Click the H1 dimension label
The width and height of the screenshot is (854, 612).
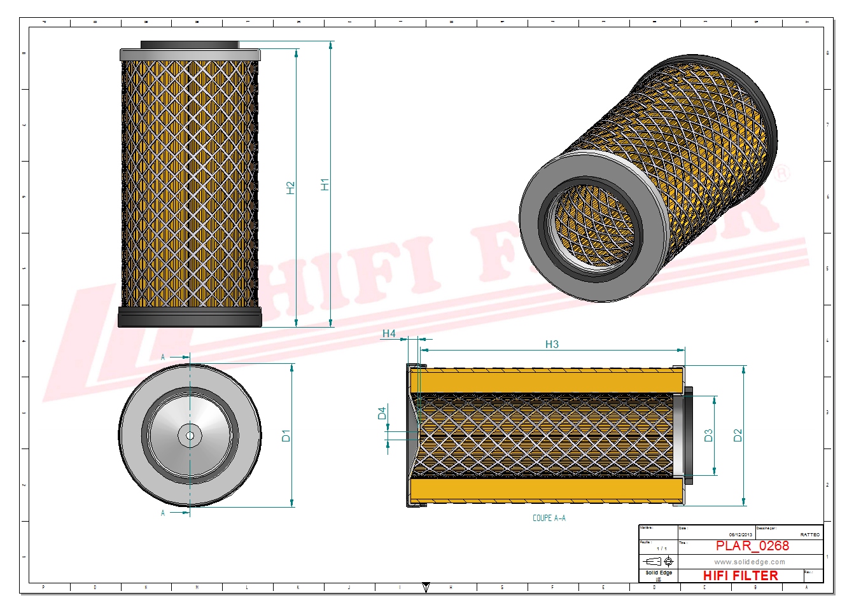pyautogui.click(x=325, y=184)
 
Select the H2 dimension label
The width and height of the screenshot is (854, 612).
pyautogui.click(x=291, y=188)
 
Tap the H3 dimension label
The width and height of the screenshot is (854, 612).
pyautogui.click(x=552, y=344)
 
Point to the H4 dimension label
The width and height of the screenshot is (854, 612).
pyautogui.click(x=389, y=333)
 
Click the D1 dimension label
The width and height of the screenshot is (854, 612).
pyautogui.click(x=286, y=436)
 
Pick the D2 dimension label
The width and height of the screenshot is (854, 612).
pyautogui.click(x=738, y=436)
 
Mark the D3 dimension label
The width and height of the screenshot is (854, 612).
pyautogui.click(x=708, y=436)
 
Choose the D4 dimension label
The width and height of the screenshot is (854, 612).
pyautogui.click(x=382, y=414)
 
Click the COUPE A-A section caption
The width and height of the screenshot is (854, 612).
pyautogui.click(x=549, y=518)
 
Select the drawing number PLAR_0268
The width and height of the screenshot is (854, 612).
pyautogui.click(x=752, y=546)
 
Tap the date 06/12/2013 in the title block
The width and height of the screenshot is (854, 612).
pyautogui.click(x=740, y=534)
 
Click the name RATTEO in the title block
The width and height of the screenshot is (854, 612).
pyautogui.click(x=809, y=534)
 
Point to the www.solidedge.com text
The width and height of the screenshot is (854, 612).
pyautogui.click(x=749, y=562)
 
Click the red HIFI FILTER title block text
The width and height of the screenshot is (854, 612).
pyautogui.click(x=740, y=575)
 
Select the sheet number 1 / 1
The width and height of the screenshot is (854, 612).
pyautogui.click(x=662, y=548)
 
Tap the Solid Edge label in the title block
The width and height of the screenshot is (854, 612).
pyautogui.click(x=658, y=573)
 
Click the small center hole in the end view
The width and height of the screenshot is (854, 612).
pyautogui.click(x=190, y=436)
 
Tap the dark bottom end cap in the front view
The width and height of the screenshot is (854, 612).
pyautogui.click(x=190, y=317)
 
